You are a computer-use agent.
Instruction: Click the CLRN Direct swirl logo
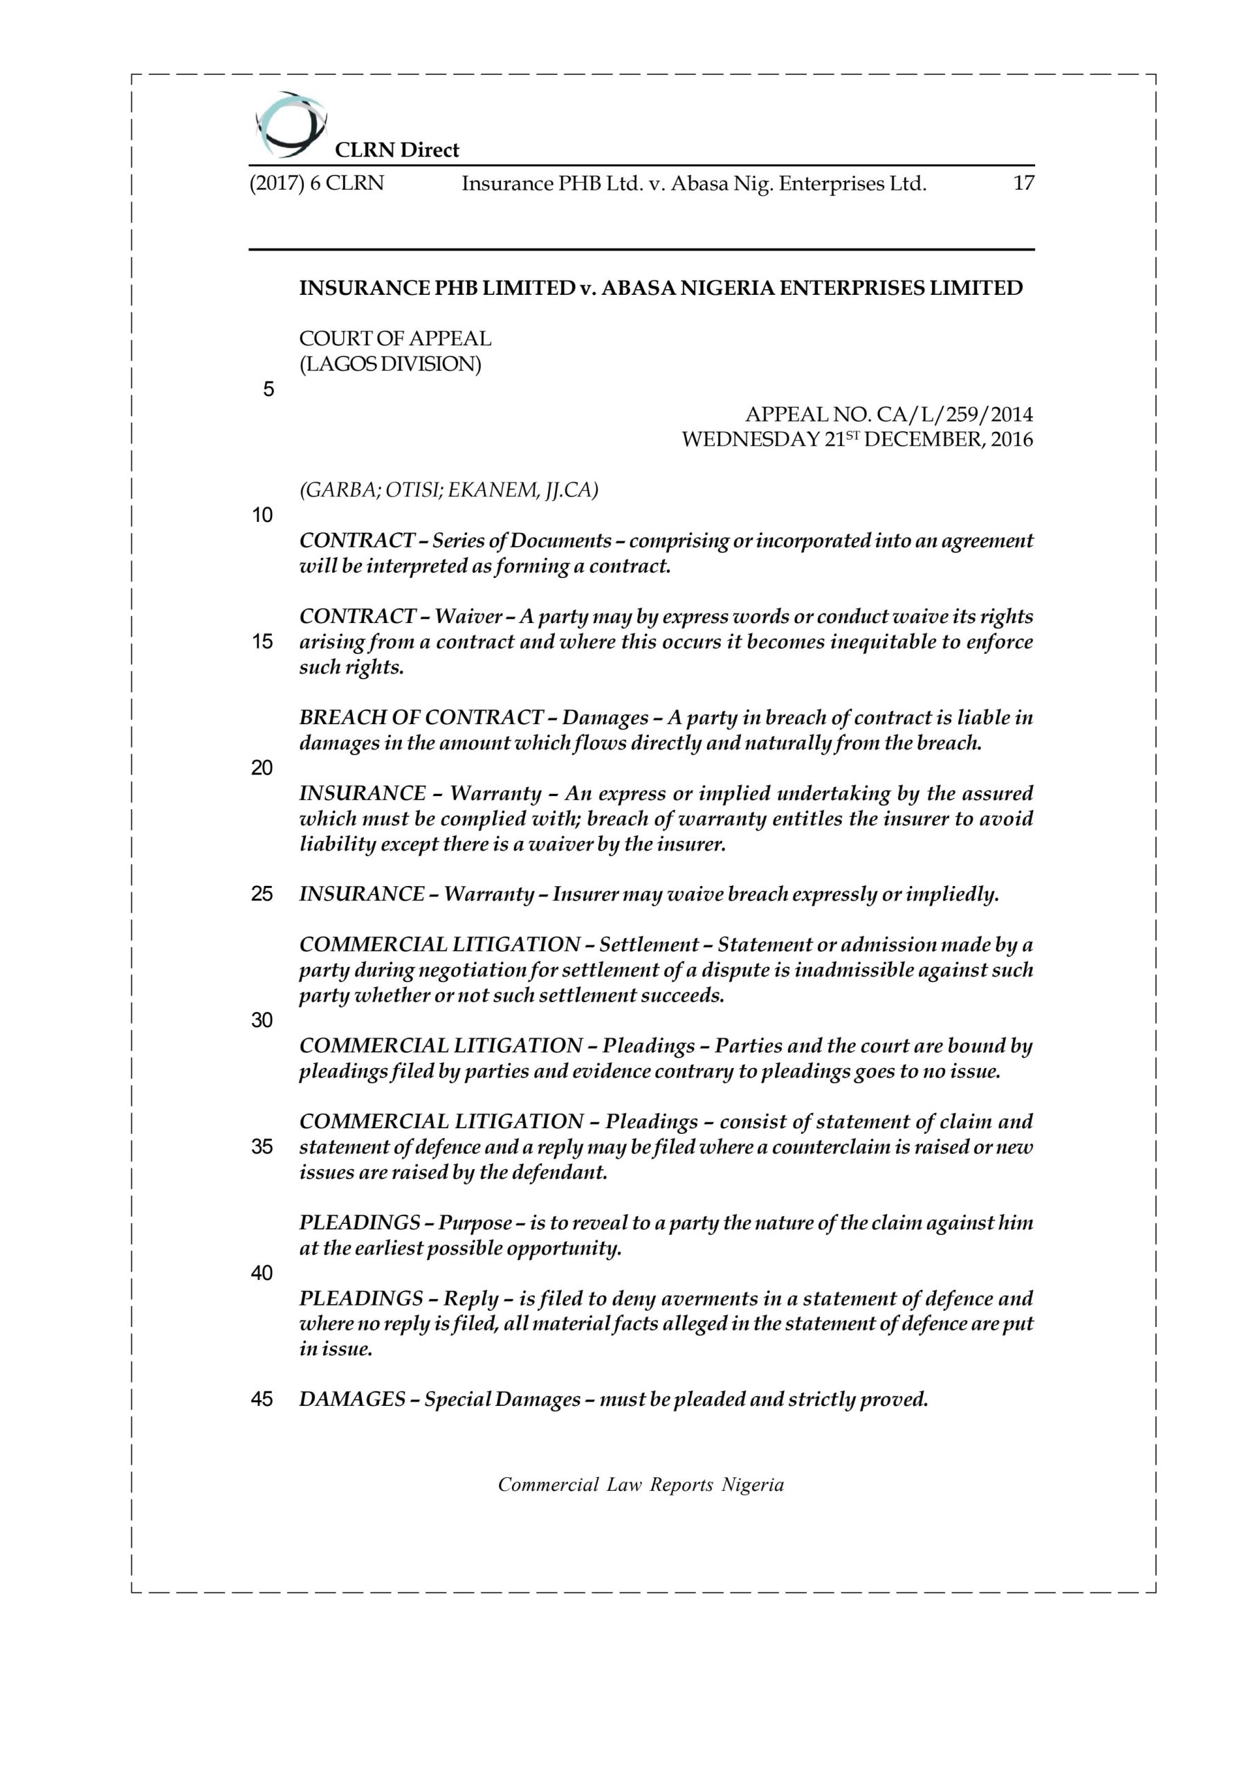pyautogui.click(x=290, y=123)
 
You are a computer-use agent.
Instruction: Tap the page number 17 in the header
pyautogui.click(x=1023, y=183)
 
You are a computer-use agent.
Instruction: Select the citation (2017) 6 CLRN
pyautogui.click(x=316, y=183)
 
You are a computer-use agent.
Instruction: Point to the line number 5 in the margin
pyautogui.click(x=268, y=390)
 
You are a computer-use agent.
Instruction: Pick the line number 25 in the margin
pyautogui.click(x=262, y=894)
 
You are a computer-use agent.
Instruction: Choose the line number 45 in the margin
pyautogui.click(x=262, y=1398)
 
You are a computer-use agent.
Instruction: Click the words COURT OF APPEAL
pyautogui.click(x=395, y=338)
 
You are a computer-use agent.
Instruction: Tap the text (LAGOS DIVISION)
pyautogui.click(x=390, y=363)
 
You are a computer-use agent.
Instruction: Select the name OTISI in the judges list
pyautogui.click(x=413, y=490)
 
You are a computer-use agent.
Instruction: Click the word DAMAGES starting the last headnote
pyautogui.click(x=353, y=1398)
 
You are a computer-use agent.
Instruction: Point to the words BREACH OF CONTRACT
pyautogui.click(x=421, y=718)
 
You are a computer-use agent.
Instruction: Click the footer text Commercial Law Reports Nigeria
pyautogui.click(x=641, y=1484)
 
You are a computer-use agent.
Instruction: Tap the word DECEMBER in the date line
pyautogui.click(x=921, y=440)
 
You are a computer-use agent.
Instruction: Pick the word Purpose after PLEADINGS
pyautogui.click(x=475, y=1222)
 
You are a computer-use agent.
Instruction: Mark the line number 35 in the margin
pyautogui.click(x=262, y=1147)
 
